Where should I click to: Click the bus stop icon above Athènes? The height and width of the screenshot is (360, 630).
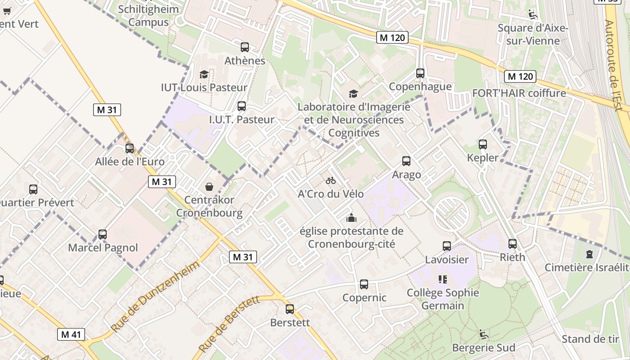point(245,47)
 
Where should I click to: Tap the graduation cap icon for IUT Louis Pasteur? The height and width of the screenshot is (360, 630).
point(204,74)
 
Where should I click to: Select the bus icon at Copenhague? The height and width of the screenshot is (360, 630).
point(420,73)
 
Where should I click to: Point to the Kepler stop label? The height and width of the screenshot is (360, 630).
point(483,157)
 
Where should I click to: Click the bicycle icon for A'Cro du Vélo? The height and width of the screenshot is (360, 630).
point(331,180)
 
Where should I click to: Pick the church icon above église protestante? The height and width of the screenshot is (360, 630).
point(351,218)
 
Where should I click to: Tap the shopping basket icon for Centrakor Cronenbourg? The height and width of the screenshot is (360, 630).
point(209,186)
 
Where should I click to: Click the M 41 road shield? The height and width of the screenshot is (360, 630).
point(71,334)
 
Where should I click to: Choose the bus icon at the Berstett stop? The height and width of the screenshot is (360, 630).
point(290,309)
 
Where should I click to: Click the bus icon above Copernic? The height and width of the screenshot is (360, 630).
point(364,284)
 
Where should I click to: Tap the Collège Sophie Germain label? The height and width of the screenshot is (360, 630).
point(443,299)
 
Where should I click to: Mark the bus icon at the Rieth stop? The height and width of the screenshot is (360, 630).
point(513,244)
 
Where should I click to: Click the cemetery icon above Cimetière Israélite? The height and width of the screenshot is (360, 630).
point(589,254)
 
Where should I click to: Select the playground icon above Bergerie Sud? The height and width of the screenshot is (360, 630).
point(483,334)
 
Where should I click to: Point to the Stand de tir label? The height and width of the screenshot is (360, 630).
point(590,339)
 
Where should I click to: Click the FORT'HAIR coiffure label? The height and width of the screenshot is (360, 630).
point(519,93)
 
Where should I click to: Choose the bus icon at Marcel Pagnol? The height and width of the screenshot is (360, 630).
point(103,234)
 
